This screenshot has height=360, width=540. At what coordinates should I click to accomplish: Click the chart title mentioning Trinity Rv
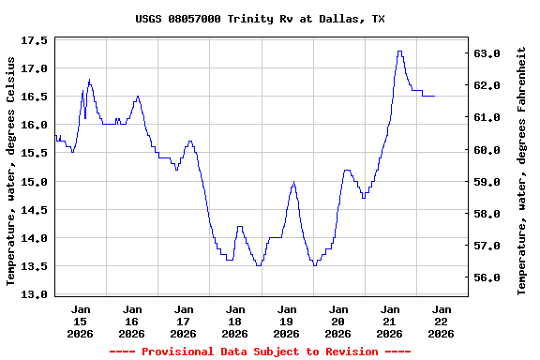click(260, 19)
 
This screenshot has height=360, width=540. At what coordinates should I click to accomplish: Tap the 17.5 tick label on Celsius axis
click(34, 41)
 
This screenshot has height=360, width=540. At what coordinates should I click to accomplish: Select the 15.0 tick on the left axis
click(34, 182)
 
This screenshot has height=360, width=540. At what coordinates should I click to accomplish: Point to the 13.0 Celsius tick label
click(34, 294)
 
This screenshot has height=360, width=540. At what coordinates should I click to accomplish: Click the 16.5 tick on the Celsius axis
click(34, 97)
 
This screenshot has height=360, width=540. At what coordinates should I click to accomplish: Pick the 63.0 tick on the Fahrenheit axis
click(488, 53)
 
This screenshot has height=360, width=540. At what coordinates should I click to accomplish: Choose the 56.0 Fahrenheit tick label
click(488, 278)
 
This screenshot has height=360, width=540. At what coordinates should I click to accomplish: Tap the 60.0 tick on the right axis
click(488, 150)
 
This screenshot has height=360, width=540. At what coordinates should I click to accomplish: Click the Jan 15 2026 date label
click(81, 321)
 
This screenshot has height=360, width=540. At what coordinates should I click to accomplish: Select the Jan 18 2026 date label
click(235, 321)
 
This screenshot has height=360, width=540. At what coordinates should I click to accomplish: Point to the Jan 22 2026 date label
click(442, 321)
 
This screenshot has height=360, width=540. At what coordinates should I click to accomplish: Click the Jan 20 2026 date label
click(338, 321)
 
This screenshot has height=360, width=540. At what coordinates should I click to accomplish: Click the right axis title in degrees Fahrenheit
click(522, 174)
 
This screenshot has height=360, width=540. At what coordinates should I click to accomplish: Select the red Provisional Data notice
click(260, 352)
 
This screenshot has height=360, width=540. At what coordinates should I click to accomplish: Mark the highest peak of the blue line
click(399, 52)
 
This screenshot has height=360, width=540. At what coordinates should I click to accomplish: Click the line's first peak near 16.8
click(89, 80)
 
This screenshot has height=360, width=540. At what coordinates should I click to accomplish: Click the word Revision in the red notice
click(352, 352)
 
